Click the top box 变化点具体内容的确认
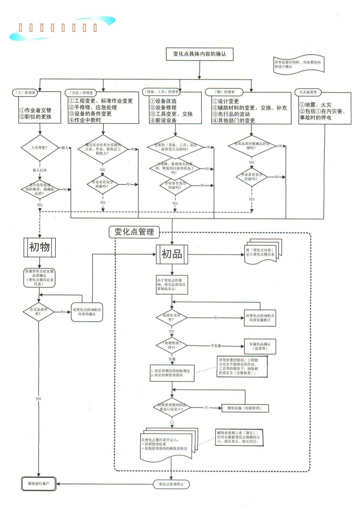click(x=199, y=54)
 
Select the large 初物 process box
click(x=39, y=247)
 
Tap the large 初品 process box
click(x=172, y=254)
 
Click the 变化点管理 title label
click(x=134, y=232)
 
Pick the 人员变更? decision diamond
click(x=40, y=148)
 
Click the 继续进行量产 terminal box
click(x=39, y=484)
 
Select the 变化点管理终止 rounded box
click(x=171, y=484)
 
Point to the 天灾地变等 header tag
click(x=308, y=92)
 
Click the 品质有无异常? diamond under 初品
click(x=171, y=317)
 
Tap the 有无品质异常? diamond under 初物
click(x=39, y=312)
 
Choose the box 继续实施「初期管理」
click(x=245, y=408)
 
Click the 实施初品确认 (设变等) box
click(x=260, y=346)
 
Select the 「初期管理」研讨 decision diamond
click(x=172, y=345)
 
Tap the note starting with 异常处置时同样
click(x=298, y=64)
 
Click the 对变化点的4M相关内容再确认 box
click(x=87, y=312)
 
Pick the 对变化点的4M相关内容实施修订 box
click(x=260, y=318)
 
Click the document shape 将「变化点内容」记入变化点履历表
click(x=260, y=253)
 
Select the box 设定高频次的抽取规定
click(x=172, y=373)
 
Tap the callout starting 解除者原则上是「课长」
click(x=239, y=437)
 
